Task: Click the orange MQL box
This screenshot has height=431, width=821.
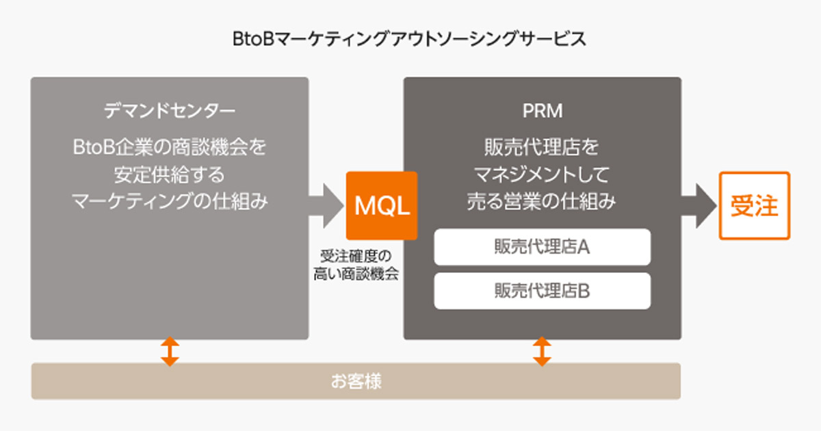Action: [x=381, y=205]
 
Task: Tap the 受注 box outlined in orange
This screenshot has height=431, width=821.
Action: [x=754, y=205]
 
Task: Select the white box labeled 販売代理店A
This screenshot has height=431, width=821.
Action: [x=542, y=247]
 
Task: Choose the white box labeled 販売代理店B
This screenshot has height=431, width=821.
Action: [x=542, y=291]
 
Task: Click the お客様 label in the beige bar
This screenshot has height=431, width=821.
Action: [x=356, y=381]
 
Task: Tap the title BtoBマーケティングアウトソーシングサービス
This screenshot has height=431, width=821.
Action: [x=409, y=39]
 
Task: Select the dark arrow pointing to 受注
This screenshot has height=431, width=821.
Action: [x=698, y=205]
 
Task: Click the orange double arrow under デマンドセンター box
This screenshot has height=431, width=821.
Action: [x=170, y=350]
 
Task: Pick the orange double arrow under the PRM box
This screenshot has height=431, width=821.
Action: [x=542, y=350]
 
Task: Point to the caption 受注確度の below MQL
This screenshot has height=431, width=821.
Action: [x=356, y=257]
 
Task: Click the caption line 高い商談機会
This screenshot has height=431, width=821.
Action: [x=356, y=274]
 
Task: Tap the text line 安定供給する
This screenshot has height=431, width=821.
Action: [x=169, y=174]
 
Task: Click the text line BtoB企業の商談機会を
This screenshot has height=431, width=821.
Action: [x=169, y=147]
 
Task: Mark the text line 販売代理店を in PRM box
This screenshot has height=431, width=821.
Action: [x=542, y=147]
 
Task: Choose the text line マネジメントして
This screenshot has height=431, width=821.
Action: [x=542, y=174]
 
